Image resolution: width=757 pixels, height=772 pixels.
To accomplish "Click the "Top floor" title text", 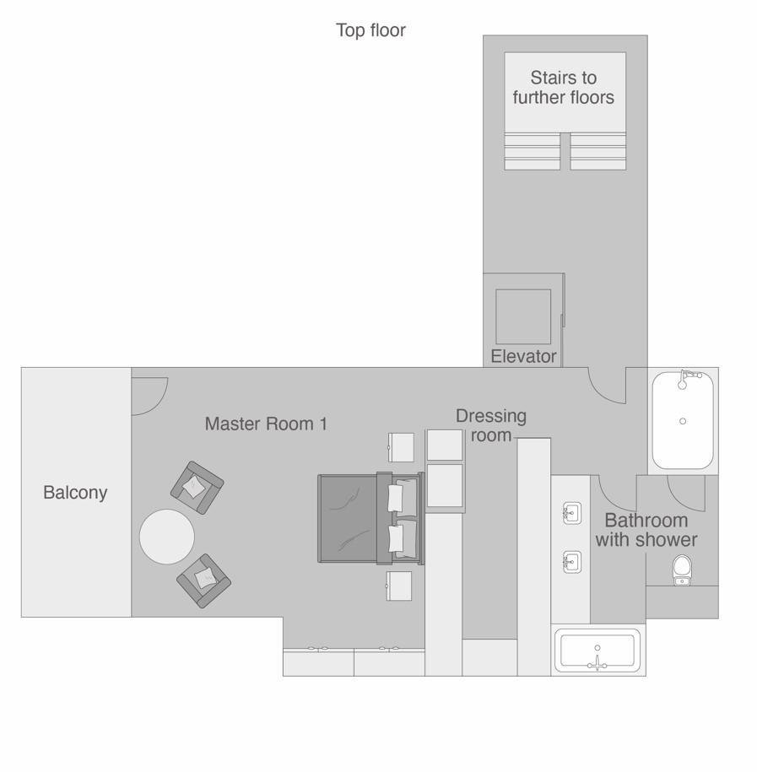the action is pos(370,30).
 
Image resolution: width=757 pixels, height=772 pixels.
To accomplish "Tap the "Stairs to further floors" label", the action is pos(564,88).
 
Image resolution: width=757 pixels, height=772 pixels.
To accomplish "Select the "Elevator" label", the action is pos(523,356).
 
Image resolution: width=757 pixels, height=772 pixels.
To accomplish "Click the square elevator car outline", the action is pos(523,316).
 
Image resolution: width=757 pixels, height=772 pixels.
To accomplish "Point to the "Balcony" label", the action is pos(75,493).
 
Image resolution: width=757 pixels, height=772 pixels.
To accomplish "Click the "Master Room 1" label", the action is pos(266,424).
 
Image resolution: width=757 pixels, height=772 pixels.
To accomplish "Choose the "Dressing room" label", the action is pos(491,425).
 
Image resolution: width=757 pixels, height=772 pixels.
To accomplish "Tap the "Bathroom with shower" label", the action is pos(646,530).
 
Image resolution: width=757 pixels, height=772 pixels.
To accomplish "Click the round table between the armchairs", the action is pos(167,536).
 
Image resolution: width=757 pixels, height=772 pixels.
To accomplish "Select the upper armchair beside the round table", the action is pos(197,488).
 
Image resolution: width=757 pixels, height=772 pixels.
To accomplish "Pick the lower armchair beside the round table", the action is pos(204,580).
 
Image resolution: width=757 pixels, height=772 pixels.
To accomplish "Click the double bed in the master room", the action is pos(370,518).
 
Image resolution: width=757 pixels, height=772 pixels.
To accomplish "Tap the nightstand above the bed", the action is pos(401,447).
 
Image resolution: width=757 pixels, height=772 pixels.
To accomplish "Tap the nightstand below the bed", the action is pos(399,586).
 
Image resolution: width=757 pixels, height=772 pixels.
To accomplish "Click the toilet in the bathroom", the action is pos(682,570).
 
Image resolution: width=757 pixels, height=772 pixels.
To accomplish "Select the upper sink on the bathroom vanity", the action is pos(572,514).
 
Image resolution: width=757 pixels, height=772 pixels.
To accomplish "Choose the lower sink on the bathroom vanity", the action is pos(572,562).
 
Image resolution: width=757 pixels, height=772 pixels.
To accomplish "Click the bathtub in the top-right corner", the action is pos(683,420).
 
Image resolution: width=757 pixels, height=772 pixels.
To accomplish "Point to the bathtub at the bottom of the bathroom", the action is pos(597,651).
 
